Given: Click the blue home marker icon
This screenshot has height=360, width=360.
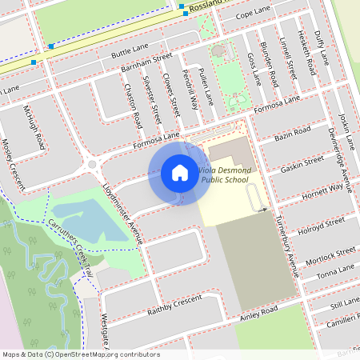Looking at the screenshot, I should click(180, 172).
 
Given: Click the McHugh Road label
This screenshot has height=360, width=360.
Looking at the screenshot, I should click(34, 126).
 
